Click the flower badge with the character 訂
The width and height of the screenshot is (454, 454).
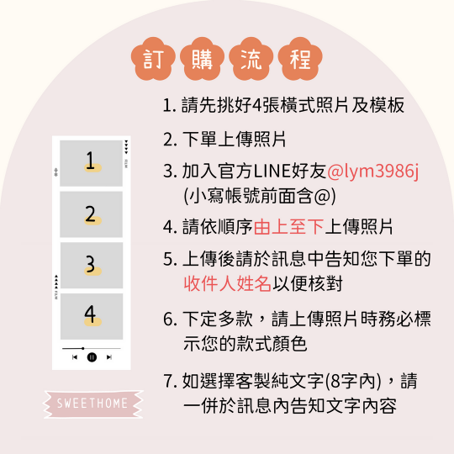(152, 59)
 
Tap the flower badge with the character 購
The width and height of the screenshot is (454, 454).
(200, 59)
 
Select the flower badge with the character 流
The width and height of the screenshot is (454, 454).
(248, 59)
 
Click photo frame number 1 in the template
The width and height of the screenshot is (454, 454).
(91, 163)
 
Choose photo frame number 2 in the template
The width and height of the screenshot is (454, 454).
(91, 214)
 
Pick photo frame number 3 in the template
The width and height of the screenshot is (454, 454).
(91, 266)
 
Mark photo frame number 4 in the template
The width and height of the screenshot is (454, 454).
(91, 316)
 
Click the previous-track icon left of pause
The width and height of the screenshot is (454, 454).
(75, 357)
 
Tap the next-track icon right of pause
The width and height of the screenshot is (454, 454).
(109, 357)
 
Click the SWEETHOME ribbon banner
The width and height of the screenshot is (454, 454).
(92, 404)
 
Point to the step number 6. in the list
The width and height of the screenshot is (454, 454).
(168, 319)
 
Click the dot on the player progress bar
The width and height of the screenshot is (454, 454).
(82, 347)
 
